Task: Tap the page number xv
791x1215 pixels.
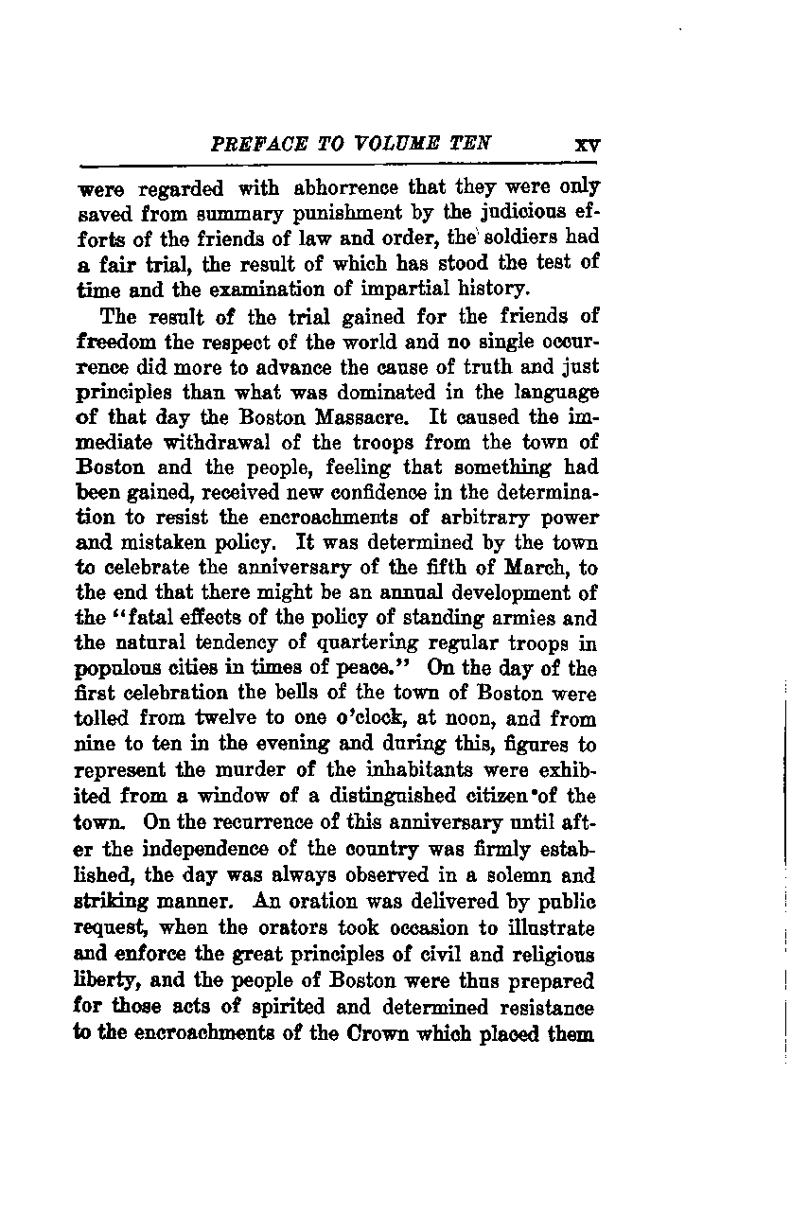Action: (588, 147)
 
